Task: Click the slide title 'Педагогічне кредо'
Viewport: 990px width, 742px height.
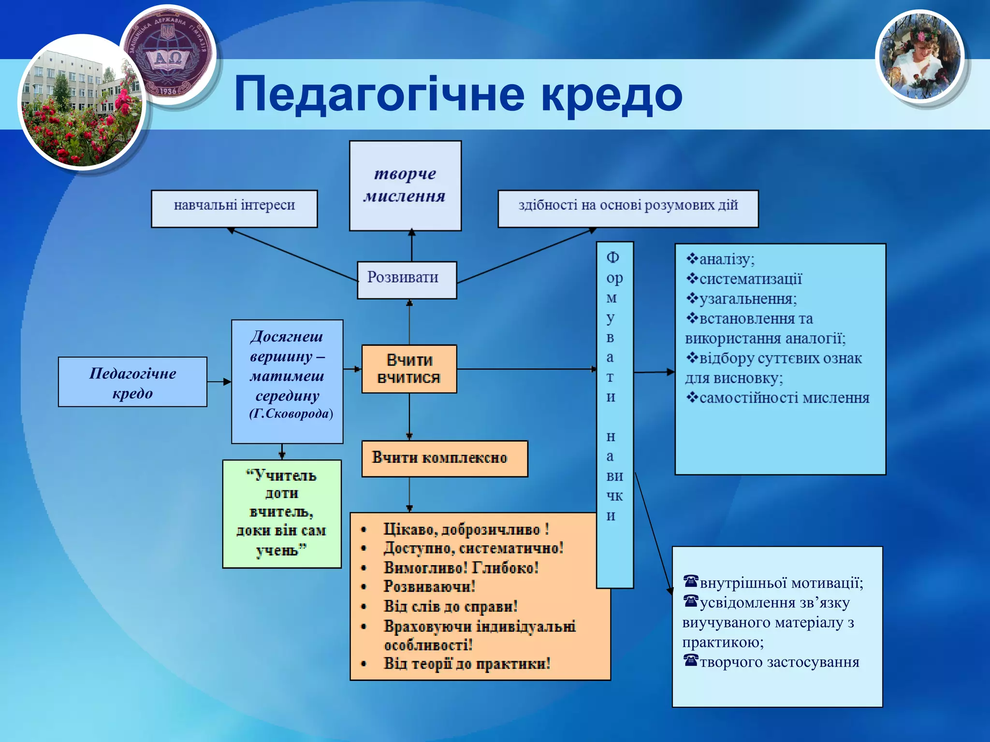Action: coord(458,94)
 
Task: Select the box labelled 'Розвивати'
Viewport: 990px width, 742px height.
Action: coord(407,280)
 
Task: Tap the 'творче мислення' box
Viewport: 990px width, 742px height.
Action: coord(405,185)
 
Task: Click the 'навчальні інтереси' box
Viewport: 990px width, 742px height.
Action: coord(234,208)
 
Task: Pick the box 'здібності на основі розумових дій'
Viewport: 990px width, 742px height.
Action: coord(628,208)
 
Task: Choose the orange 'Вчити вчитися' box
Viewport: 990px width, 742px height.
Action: coord(409,369)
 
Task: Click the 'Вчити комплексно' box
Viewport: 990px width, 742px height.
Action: coord(444,458)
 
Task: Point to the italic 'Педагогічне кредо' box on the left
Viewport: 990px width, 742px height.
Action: coord(132,382)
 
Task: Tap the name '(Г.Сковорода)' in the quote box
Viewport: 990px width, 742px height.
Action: coord(291,414)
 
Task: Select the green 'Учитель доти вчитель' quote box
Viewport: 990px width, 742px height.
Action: coord(282,514)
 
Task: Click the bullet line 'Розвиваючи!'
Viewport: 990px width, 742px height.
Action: coord(429,586)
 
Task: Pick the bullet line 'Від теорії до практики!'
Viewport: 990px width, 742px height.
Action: coord(466,664)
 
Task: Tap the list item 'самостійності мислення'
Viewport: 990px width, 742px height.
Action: coord(784,398)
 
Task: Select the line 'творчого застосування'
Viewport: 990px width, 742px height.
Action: coord(779,662)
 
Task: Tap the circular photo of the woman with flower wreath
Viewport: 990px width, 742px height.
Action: coord(919,57)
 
